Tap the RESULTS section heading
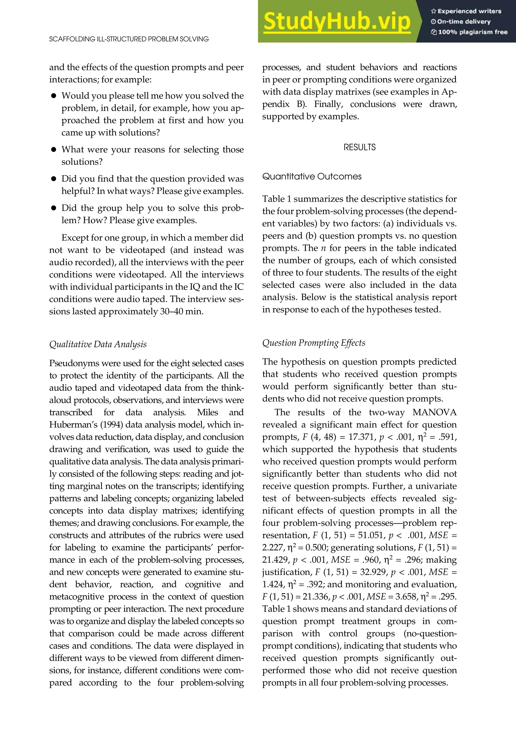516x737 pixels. (359, 147)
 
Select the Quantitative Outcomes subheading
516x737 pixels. (312, 177)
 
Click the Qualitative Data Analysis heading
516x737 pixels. (98, 344)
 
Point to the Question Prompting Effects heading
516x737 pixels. (314, 343)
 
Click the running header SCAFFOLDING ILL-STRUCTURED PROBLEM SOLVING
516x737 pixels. (129, 39)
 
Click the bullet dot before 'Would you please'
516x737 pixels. (54, 96)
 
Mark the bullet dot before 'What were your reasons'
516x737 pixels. (54, 150)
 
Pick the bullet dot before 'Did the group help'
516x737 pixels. (54, 208)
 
